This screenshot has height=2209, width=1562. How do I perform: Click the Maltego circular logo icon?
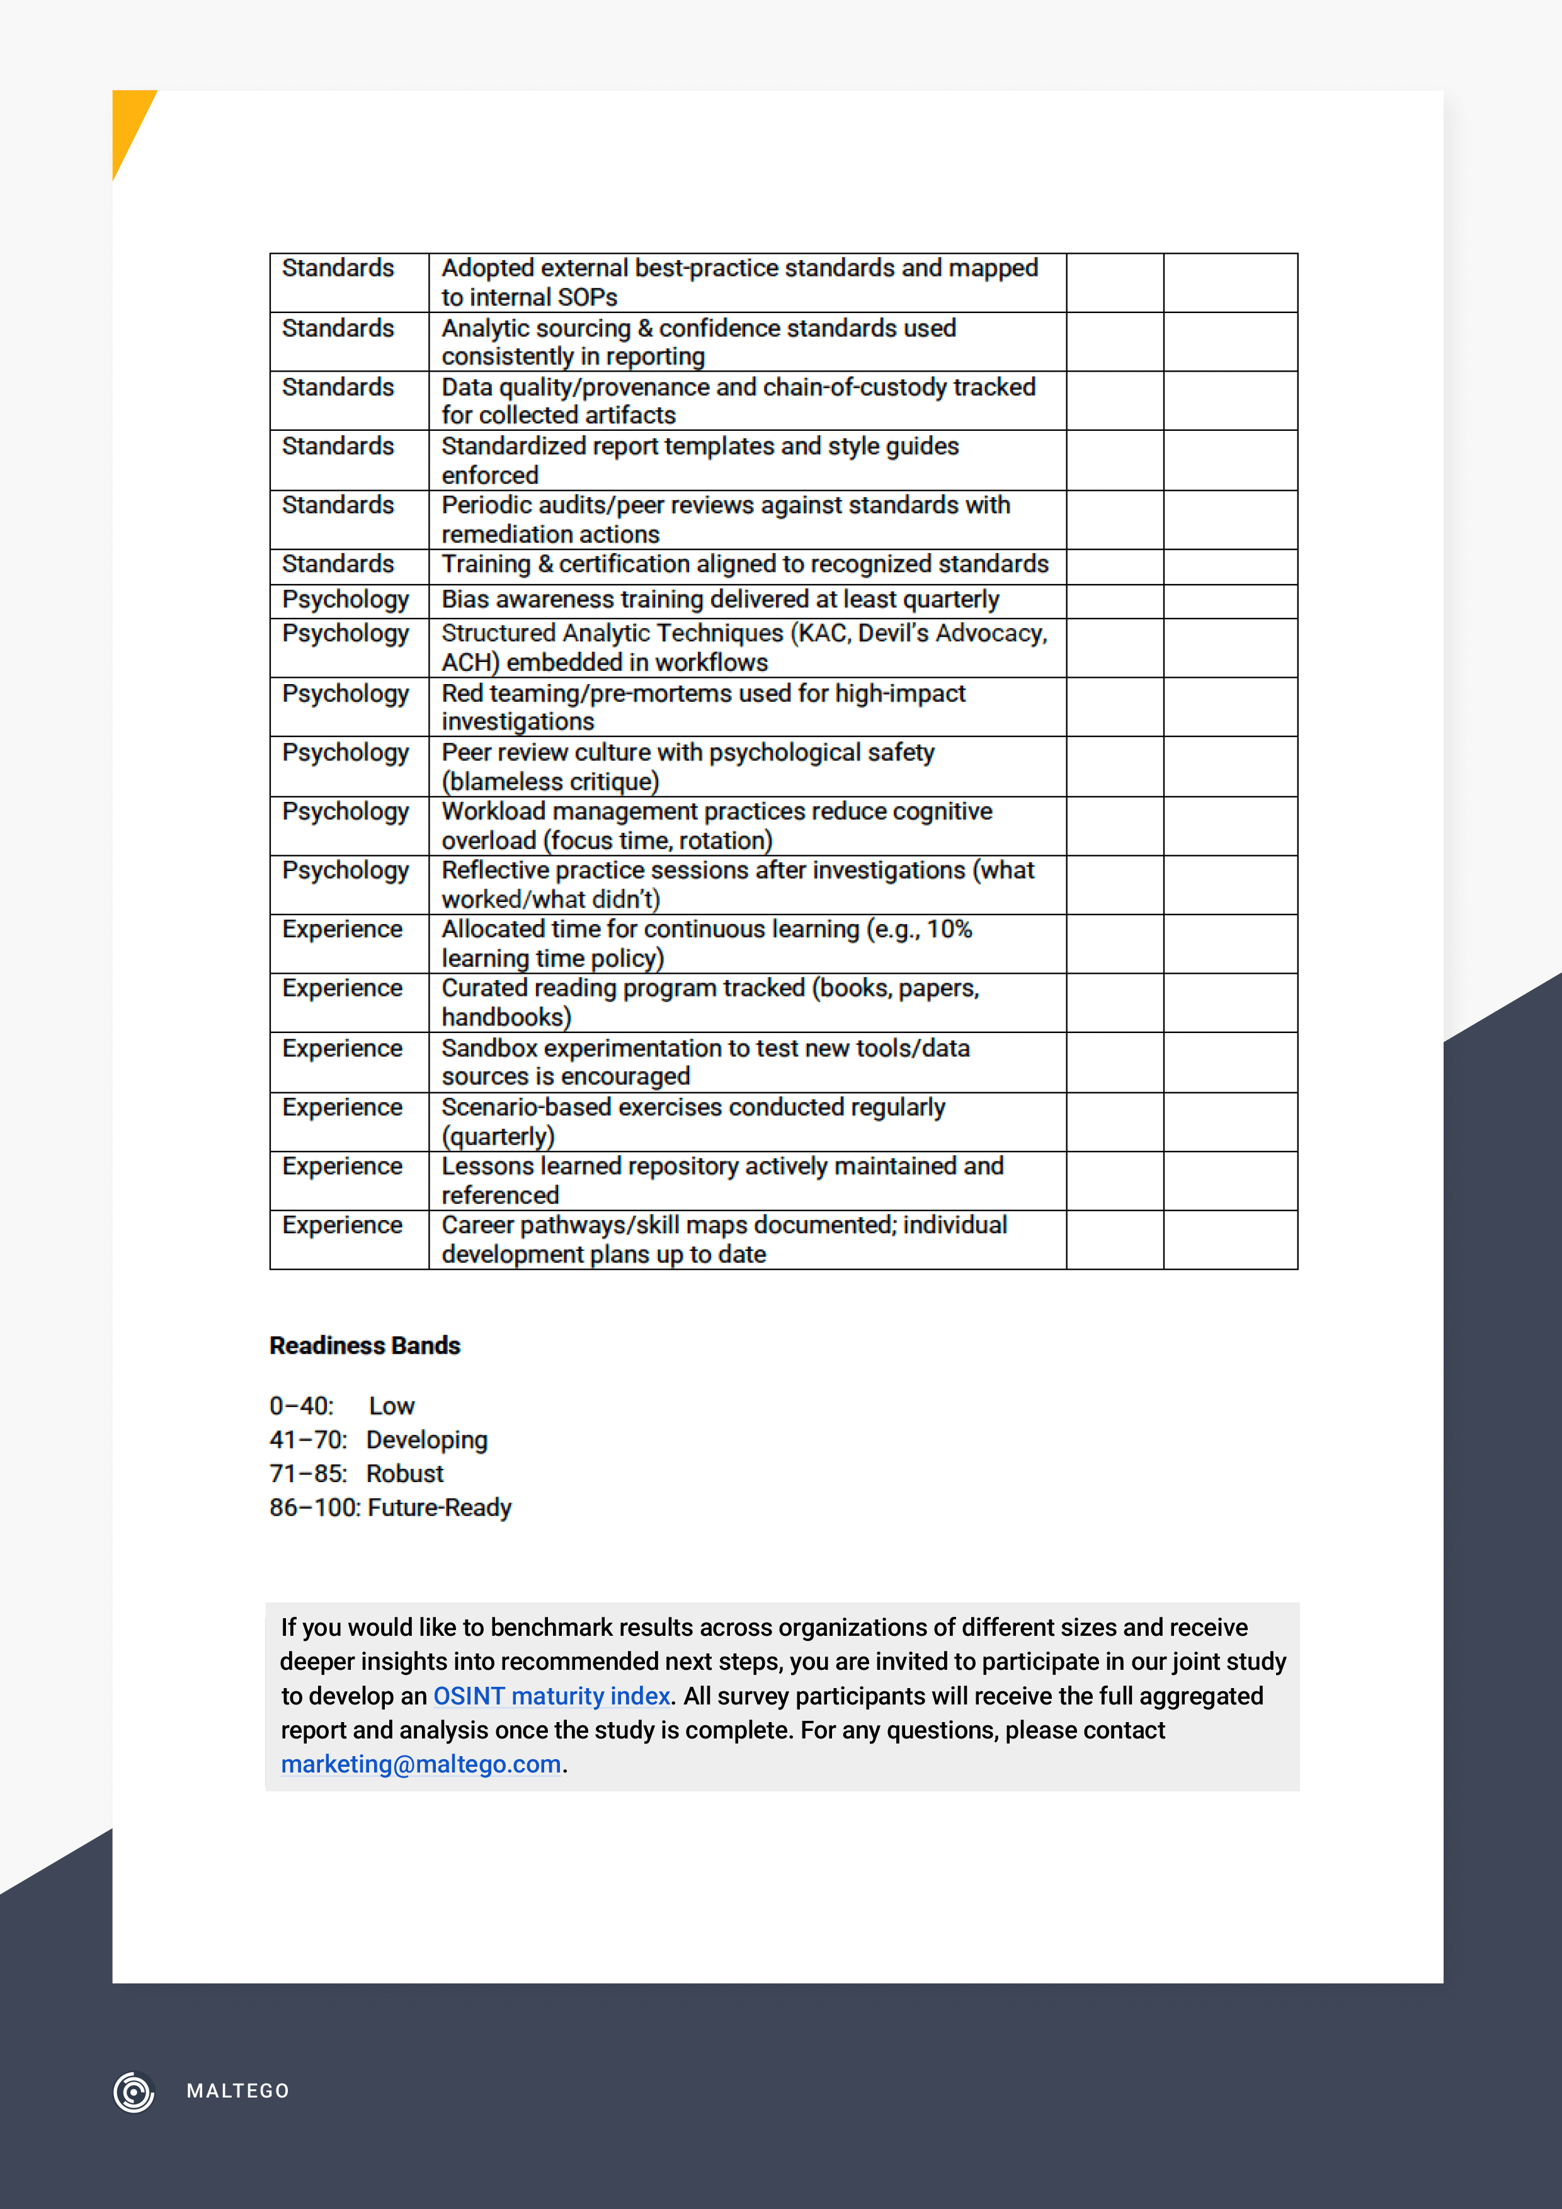click(x=134, y=2092)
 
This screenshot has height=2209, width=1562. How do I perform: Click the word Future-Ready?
click(x=440, y=1507)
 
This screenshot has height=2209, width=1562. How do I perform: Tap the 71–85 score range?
click(x=308, y=1473)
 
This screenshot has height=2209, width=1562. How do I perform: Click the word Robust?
click(x=405, y=1473)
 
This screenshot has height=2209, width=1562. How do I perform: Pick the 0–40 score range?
click(x=301, y=1406)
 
